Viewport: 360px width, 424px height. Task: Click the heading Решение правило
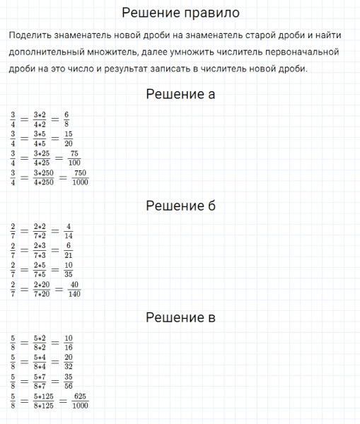(180, 13)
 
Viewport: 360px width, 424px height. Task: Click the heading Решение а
(180, 94)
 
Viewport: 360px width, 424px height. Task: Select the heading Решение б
(180, 206)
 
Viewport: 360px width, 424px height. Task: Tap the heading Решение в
(180, 317)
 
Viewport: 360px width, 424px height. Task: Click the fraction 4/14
(68, 230)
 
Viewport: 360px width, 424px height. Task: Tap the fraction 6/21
(68, 250)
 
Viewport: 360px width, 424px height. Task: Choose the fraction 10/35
(68, 270)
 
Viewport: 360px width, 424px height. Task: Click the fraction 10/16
(68, 342)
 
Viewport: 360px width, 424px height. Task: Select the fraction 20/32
(68, 362)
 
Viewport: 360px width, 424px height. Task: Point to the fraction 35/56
(68, 382)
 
